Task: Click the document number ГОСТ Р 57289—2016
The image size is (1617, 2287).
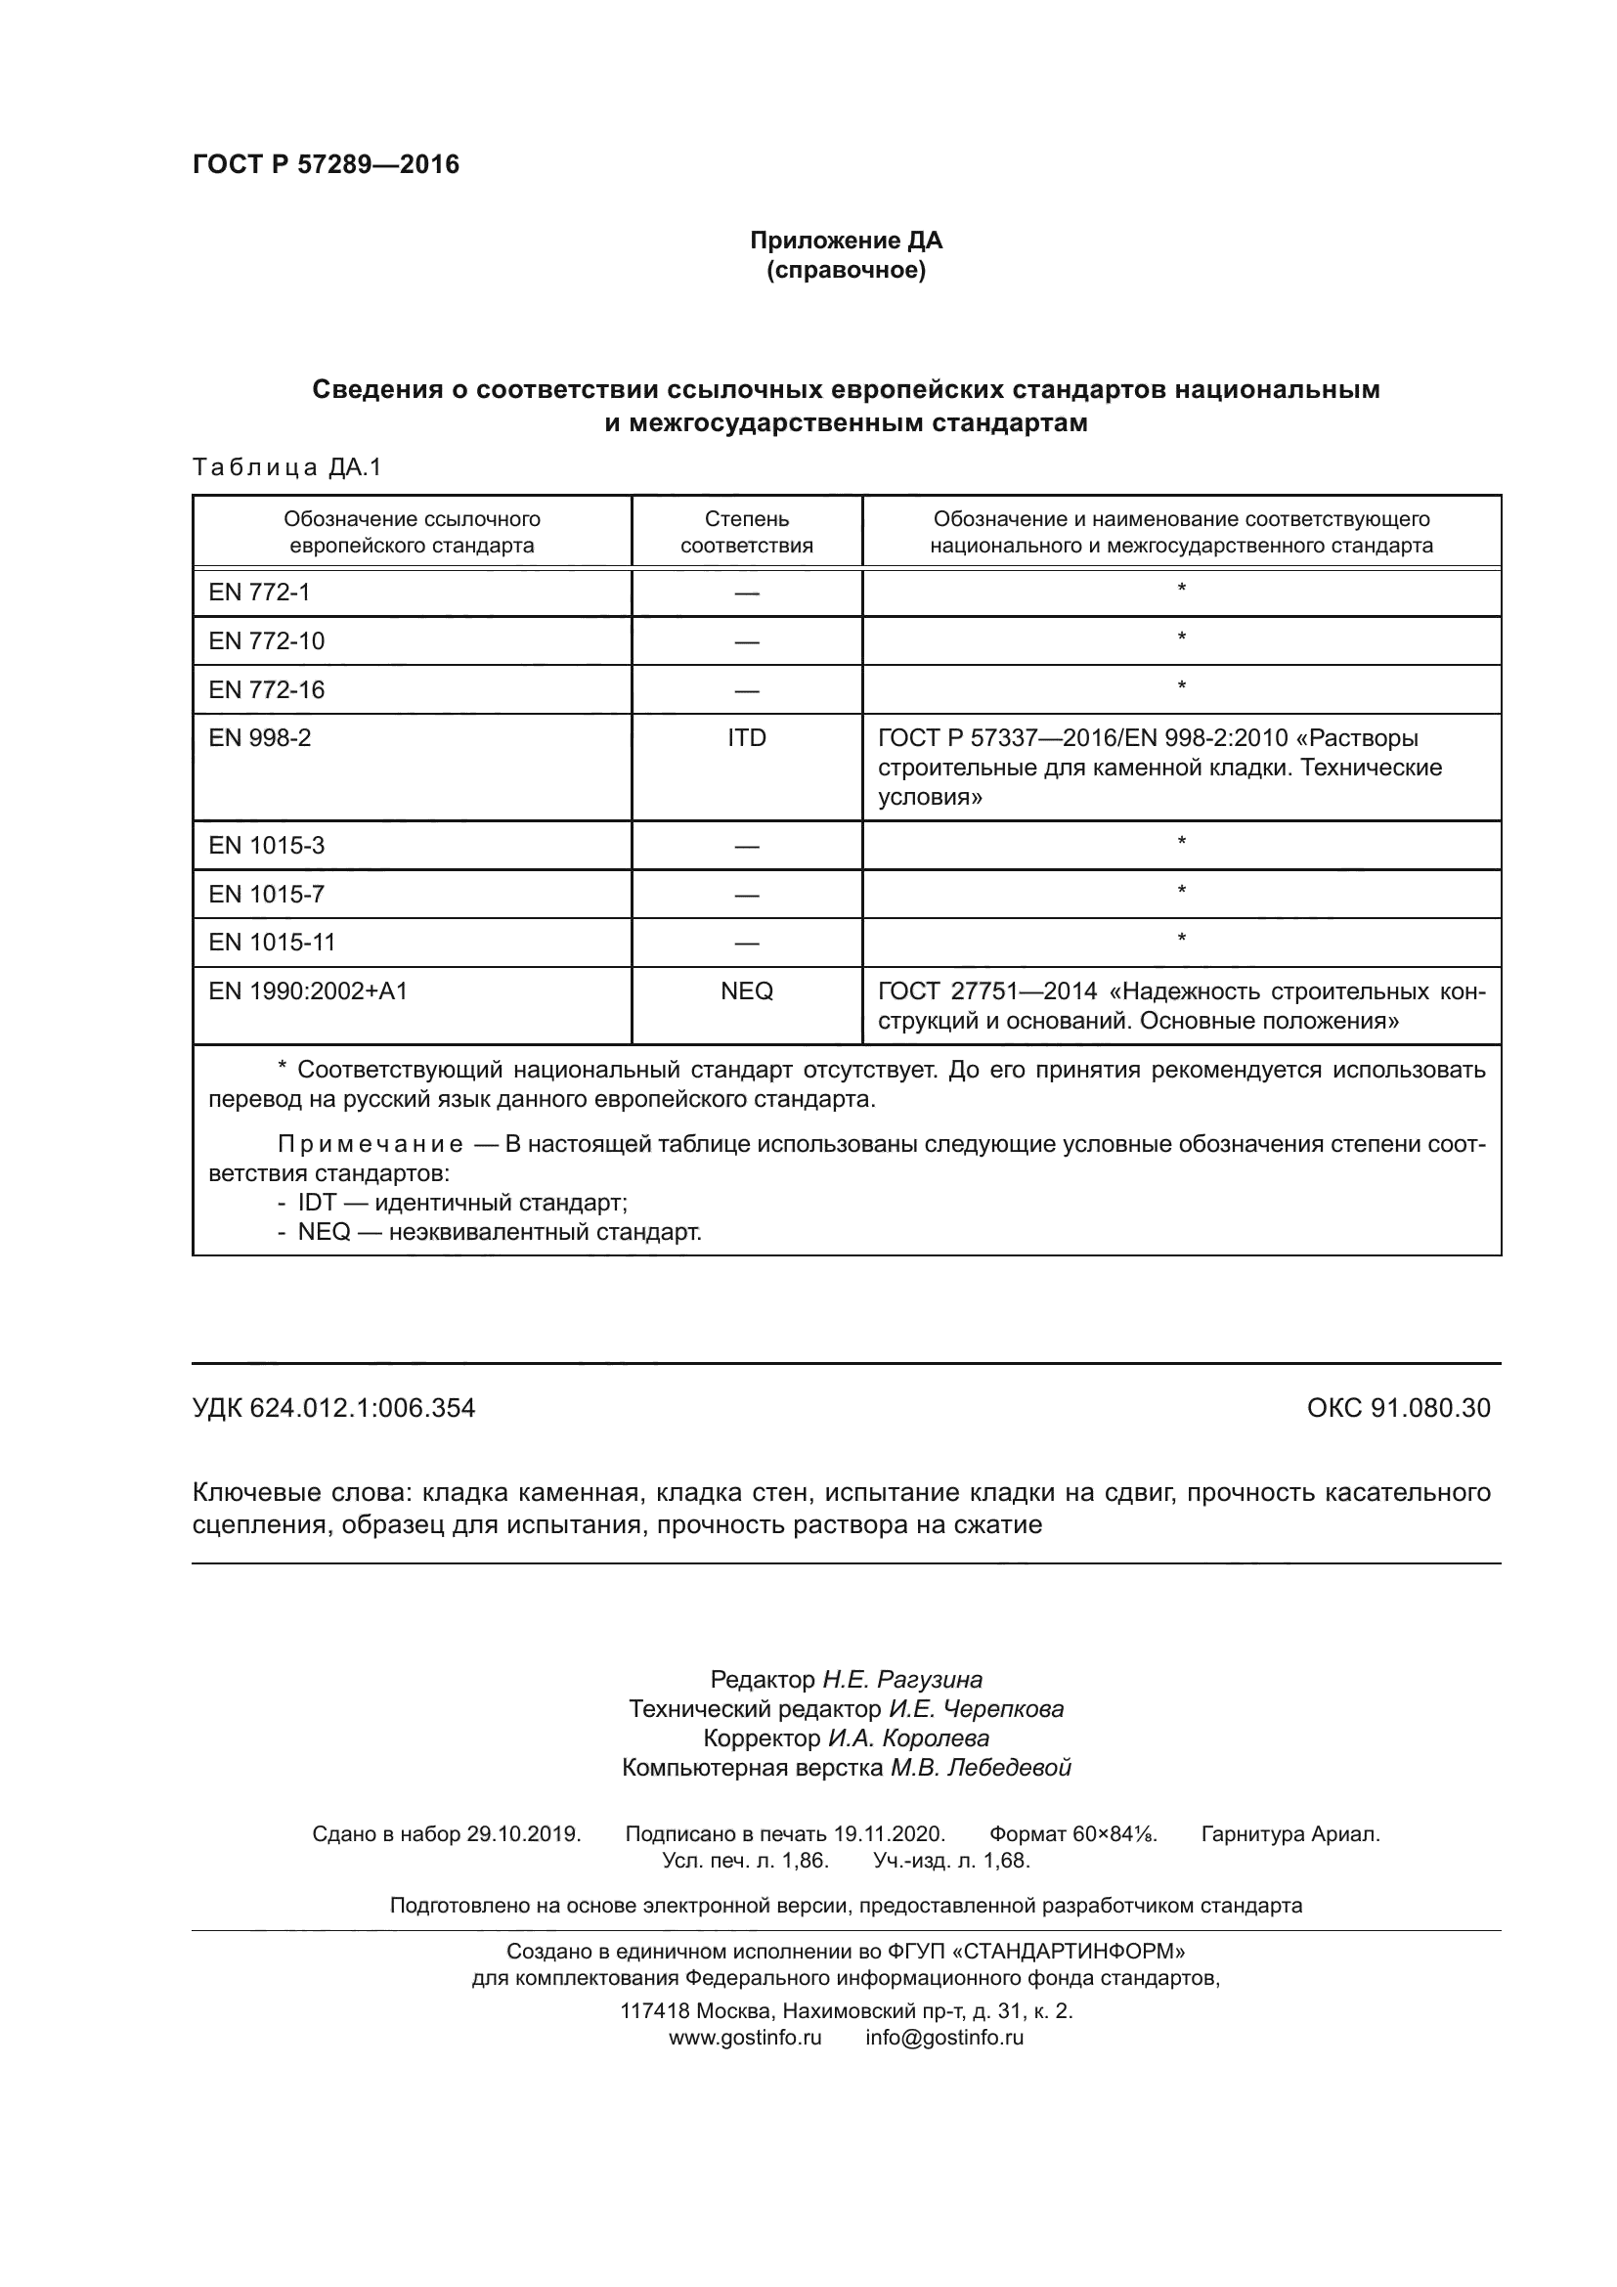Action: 326,164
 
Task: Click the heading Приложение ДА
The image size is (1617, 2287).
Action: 846,241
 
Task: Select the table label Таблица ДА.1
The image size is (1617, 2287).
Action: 286,467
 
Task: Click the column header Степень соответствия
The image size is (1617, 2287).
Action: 746,532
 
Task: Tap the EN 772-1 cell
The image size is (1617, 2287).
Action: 259,593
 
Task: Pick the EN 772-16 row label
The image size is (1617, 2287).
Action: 266,689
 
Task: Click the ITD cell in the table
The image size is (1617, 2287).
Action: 746,738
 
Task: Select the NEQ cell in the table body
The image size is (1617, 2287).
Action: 746,991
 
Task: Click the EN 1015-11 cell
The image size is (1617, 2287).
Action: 272,943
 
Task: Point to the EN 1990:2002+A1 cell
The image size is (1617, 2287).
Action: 308,991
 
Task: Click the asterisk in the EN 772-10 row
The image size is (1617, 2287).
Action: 1181,638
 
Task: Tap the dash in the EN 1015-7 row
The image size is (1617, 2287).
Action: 746,895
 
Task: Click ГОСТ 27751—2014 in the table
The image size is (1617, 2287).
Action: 986,991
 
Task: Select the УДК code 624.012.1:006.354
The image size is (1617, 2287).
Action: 363,1407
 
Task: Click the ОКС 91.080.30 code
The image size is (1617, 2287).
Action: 1398,1407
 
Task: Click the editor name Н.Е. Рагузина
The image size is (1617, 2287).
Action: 901,1680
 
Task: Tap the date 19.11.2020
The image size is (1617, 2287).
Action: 888,1833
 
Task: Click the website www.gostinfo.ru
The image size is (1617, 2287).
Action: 745,2037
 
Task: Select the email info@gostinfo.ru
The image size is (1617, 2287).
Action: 944,2037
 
